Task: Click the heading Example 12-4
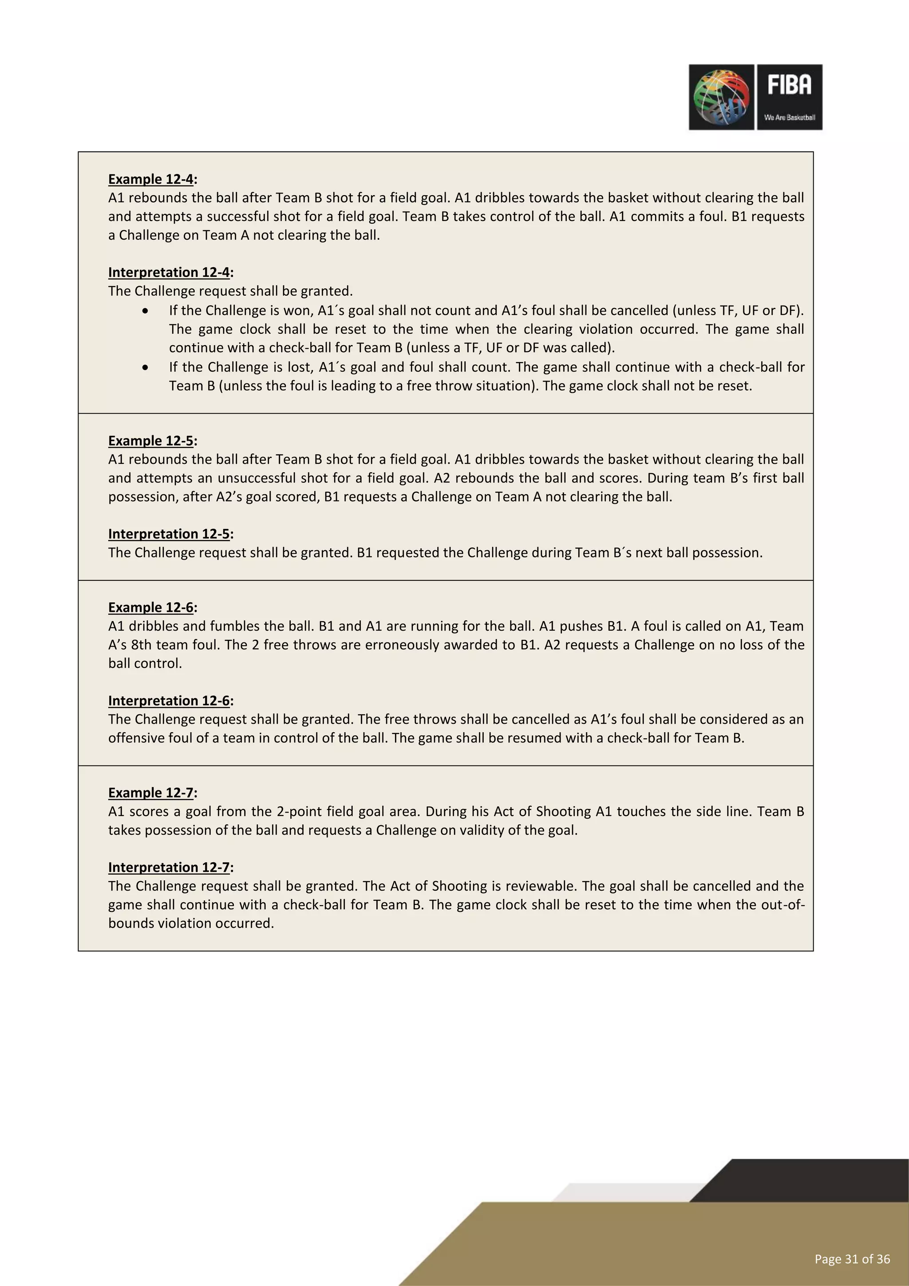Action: click(152, 179)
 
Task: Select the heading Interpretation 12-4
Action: click(170, 272)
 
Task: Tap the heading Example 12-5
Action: click(152, 441)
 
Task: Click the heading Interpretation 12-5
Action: click(170, 534)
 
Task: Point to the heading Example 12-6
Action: click(152, 607)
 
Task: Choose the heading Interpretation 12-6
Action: click(170, 701)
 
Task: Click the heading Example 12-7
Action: click(152, 793)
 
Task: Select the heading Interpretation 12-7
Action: click(170, 867)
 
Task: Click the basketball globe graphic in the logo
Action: click(721, 97)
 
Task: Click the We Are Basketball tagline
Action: click(789, 118)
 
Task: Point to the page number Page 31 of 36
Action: click(852, 1259)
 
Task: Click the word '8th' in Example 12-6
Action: click(141, 645)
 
